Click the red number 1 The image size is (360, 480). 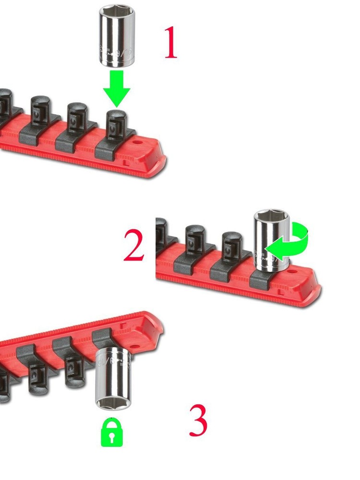[170, 43]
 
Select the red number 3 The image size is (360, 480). [198, 420]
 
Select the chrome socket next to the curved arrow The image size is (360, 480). [271, 242]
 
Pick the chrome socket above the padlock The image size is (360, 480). [113, 379]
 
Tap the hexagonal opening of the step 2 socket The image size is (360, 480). [271, 217]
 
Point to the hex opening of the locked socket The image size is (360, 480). [112, 404]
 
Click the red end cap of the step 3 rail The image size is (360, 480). [154, 329]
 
